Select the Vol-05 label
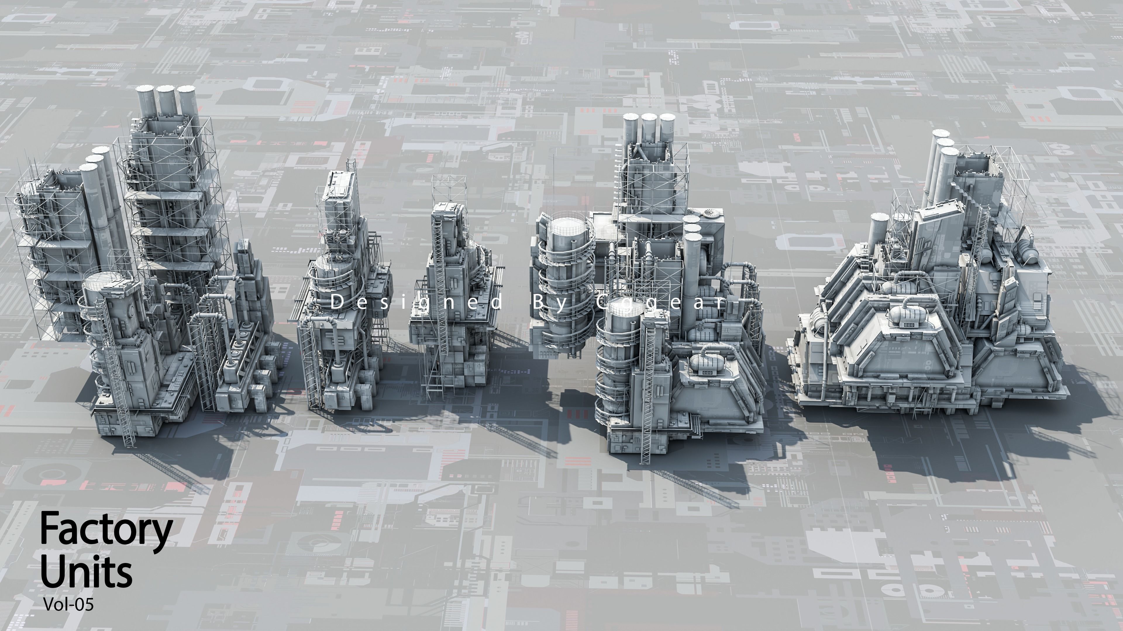click(x=68, y=604)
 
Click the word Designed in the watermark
click(x=417, y=302)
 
